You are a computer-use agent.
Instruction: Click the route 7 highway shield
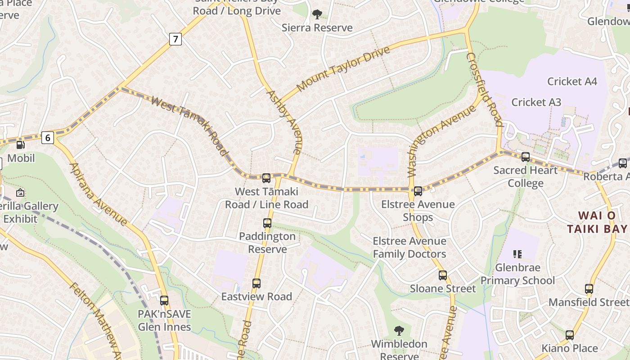point(175,39)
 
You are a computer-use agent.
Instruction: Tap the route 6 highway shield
point(48,137)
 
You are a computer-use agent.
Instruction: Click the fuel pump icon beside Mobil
point(20,145)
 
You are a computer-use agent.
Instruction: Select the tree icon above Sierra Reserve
point(317,14)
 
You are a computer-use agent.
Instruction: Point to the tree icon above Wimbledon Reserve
point(399,331)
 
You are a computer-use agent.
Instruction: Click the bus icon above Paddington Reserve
point(267,223)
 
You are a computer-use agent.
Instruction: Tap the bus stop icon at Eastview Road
point(256,283)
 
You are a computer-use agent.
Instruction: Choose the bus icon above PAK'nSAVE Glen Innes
point(164,300)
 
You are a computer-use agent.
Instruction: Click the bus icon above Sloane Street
point(443,275)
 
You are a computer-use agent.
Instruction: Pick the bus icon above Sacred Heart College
point(525,157)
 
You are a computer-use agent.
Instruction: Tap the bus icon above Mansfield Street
point(589,289)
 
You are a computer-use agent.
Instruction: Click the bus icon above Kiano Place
point(570,335)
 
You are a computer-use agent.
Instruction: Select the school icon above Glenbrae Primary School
point(517,255)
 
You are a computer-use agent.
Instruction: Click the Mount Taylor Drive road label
point(343,68)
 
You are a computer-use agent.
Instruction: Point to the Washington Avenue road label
point(441,140)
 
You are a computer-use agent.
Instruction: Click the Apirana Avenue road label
point(98,194)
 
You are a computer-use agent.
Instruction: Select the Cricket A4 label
point(572,81)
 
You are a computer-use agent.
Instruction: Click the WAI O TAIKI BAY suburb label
point(597,222)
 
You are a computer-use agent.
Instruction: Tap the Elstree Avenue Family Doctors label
point(409,247)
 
